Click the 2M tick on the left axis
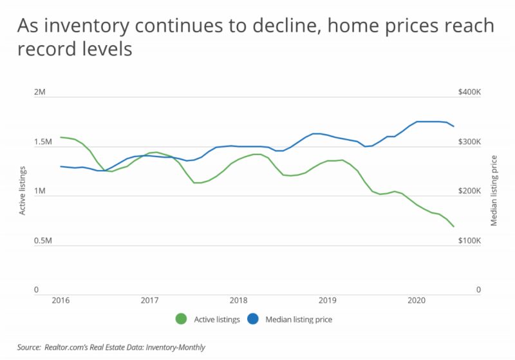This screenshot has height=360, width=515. (40, 93)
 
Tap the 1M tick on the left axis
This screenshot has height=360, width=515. (40, 192)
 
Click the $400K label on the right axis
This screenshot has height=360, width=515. (469, 93)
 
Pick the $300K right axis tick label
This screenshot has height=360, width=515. (469, 142)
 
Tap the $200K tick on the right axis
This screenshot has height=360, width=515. (469, 192)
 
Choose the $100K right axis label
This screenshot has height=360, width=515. (469, 241)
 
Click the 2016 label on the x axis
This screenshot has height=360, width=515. (61, 300)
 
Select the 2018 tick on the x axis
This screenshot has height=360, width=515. (239, 300)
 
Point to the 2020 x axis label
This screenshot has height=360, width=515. (417, 300)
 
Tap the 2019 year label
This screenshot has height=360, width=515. (328, 300)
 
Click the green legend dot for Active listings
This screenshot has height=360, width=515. (181, 319)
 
